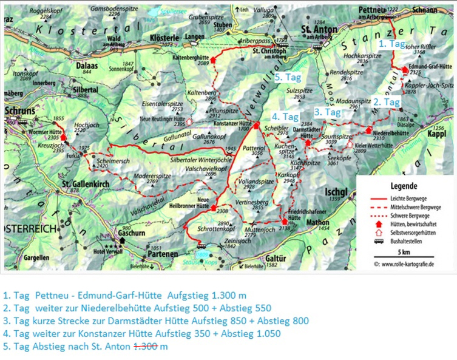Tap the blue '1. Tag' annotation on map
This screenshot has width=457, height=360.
pyautogui.click(x=391, y=44)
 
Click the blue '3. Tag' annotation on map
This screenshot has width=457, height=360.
pyautogui.click(x=327, y=112)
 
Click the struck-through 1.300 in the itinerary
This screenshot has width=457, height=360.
pyautogui.click(x=147, y=346)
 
